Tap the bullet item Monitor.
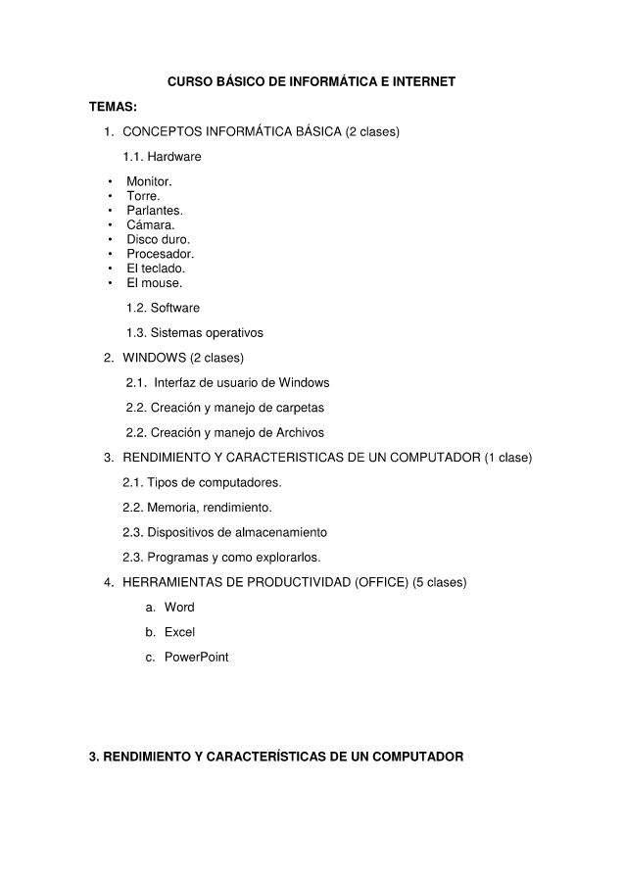[x=149, y=181]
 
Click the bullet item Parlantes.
[x=155, y=210]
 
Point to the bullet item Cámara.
[x=150, y=224]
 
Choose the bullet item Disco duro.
[x=158, y=239]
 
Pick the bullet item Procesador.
[x=160, y=254]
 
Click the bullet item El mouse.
[x=154, y=282]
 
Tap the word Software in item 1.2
[x=174, y=308]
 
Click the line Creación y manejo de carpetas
[x=238, y=408]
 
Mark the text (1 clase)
[x=508, y=458]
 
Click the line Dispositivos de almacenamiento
[x=237, y=532]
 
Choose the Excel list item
[x=179, y=632]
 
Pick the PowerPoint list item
[x=196, y=657]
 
